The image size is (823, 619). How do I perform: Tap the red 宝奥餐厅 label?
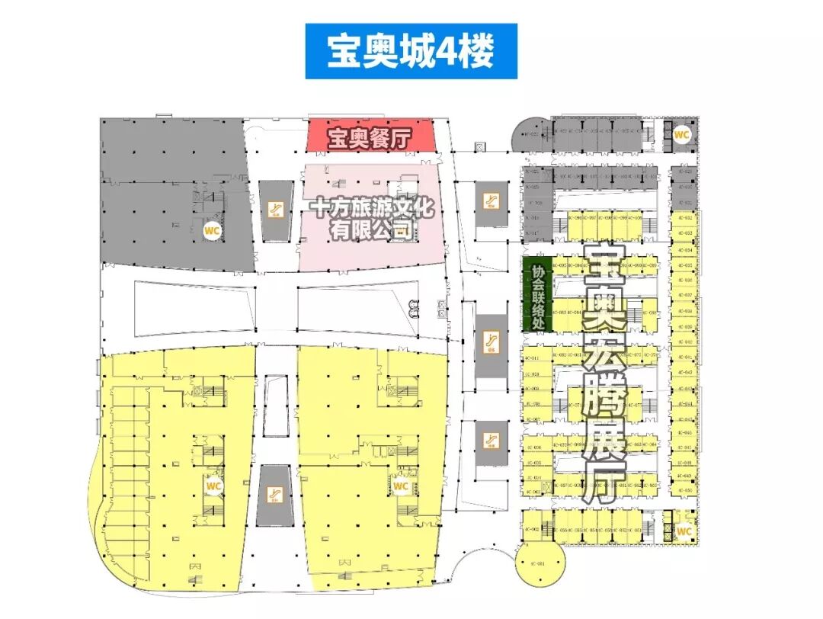click(370, 139)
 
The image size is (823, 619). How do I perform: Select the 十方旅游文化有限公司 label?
click(370, 217)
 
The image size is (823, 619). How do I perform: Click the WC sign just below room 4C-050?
click(684, 531)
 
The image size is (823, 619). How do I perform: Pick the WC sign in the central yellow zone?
click(401, 486)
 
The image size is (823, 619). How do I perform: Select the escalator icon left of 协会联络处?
click(492, 345)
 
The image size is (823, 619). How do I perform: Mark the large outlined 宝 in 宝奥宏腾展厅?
click(602, 264)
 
